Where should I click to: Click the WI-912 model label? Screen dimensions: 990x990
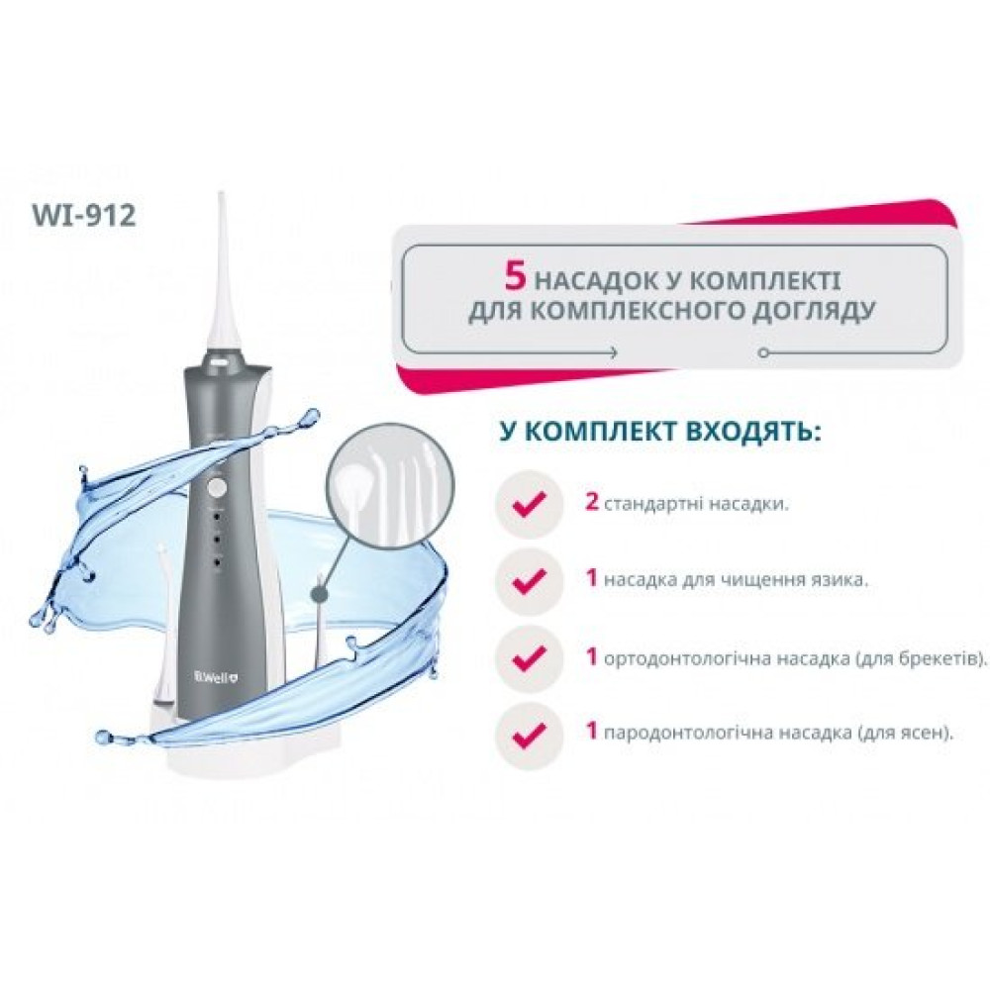tap(83, 215)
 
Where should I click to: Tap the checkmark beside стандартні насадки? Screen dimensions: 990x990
tap(530, 504)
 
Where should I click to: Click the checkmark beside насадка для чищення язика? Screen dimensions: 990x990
tap(530, 581)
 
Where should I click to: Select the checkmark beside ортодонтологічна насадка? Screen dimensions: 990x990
tap(530, 658)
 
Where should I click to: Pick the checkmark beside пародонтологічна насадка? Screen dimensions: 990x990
tap(530, 734)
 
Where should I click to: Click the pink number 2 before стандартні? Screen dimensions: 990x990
tap(592, 503)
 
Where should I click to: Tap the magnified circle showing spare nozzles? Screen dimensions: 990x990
tap(395, 484)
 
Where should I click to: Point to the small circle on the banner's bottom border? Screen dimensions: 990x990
tap(763, 353)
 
